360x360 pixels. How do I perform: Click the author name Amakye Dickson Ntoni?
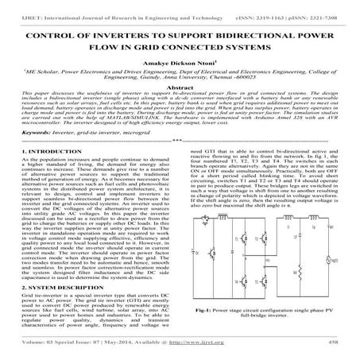click(x=180, y=70)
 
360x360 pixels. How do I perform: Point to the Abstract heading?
click(x=180, y=100)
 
